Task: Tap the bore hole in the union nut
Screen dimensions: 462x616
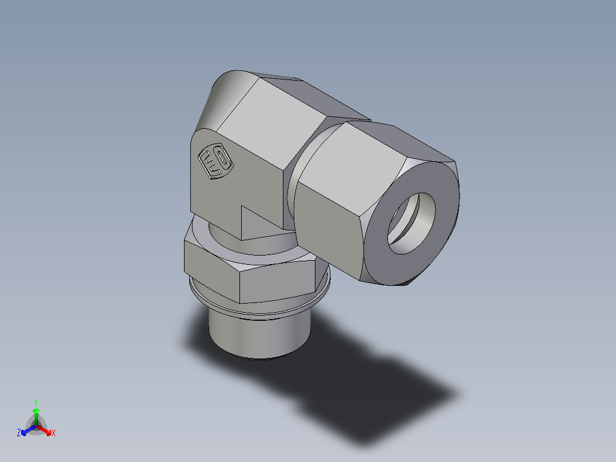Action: click(x=411, y=222)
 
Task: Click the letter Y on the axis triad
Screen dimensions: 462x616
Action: click(x=36, y=401)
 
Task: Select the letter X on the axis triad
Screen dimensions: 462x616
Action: click(x=54, y=433)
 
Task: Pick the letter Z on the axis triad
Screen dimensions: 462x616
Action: click(x=19, y=433)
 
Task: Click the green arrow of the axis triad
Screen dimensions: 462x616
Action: click(x=36, y=415)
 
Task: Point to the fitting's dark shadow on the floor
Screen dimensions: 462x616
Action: click(x=366, y=389)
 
